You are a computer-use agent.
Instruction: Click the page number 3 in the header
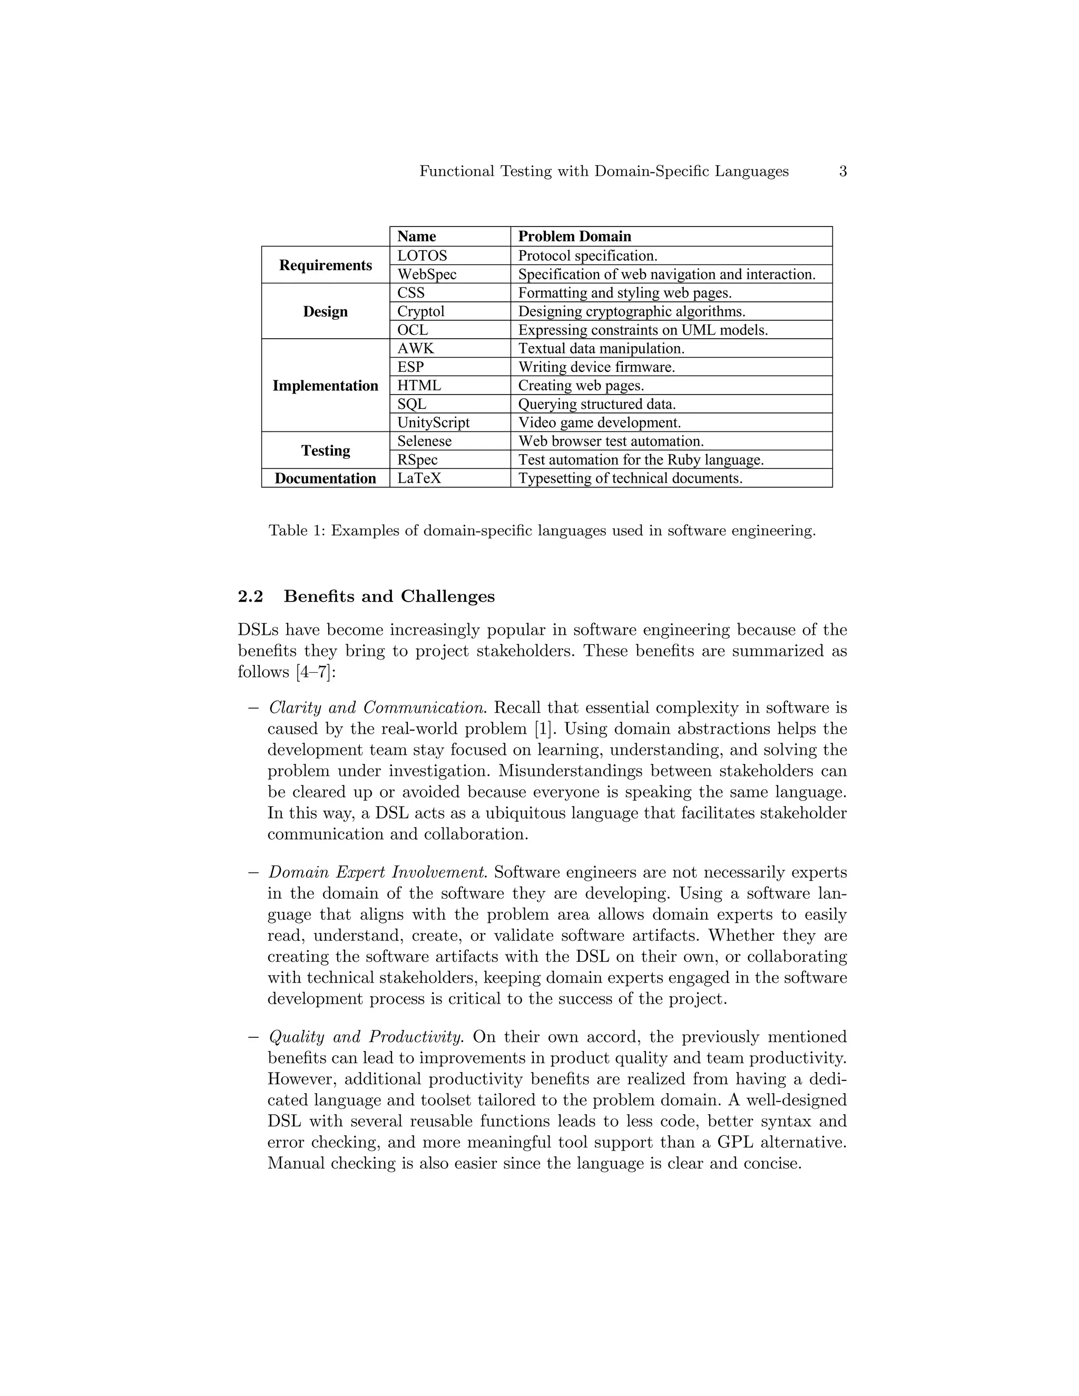(842, 171)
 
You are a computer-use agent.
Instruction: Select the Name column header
(417, 237)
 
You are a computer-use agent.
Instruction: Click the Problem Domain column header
(574, 237)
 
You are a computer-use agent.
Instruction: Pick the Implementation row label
(326, 386)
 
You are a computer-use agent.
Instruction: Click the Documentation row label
(326, 478)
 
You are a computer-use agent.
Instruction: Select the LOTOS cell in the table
(422, 255)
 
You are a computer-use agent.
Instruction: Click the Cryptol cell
(420, 311)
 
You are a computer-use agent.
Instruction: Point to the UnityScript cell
(434, 422)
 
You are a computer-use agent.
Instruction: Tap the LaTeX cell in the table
(419, 478)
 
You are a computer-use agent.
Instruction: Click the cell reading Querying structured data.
(596, 404)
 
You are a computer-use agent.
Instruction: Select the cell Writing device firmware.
(596, 367)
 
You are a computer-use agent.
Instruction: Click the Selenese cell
(425, 441)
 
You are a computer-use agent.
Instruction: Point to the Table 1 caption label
(297, 530)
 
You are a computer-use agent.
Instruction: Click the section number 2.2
(251, 596)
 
